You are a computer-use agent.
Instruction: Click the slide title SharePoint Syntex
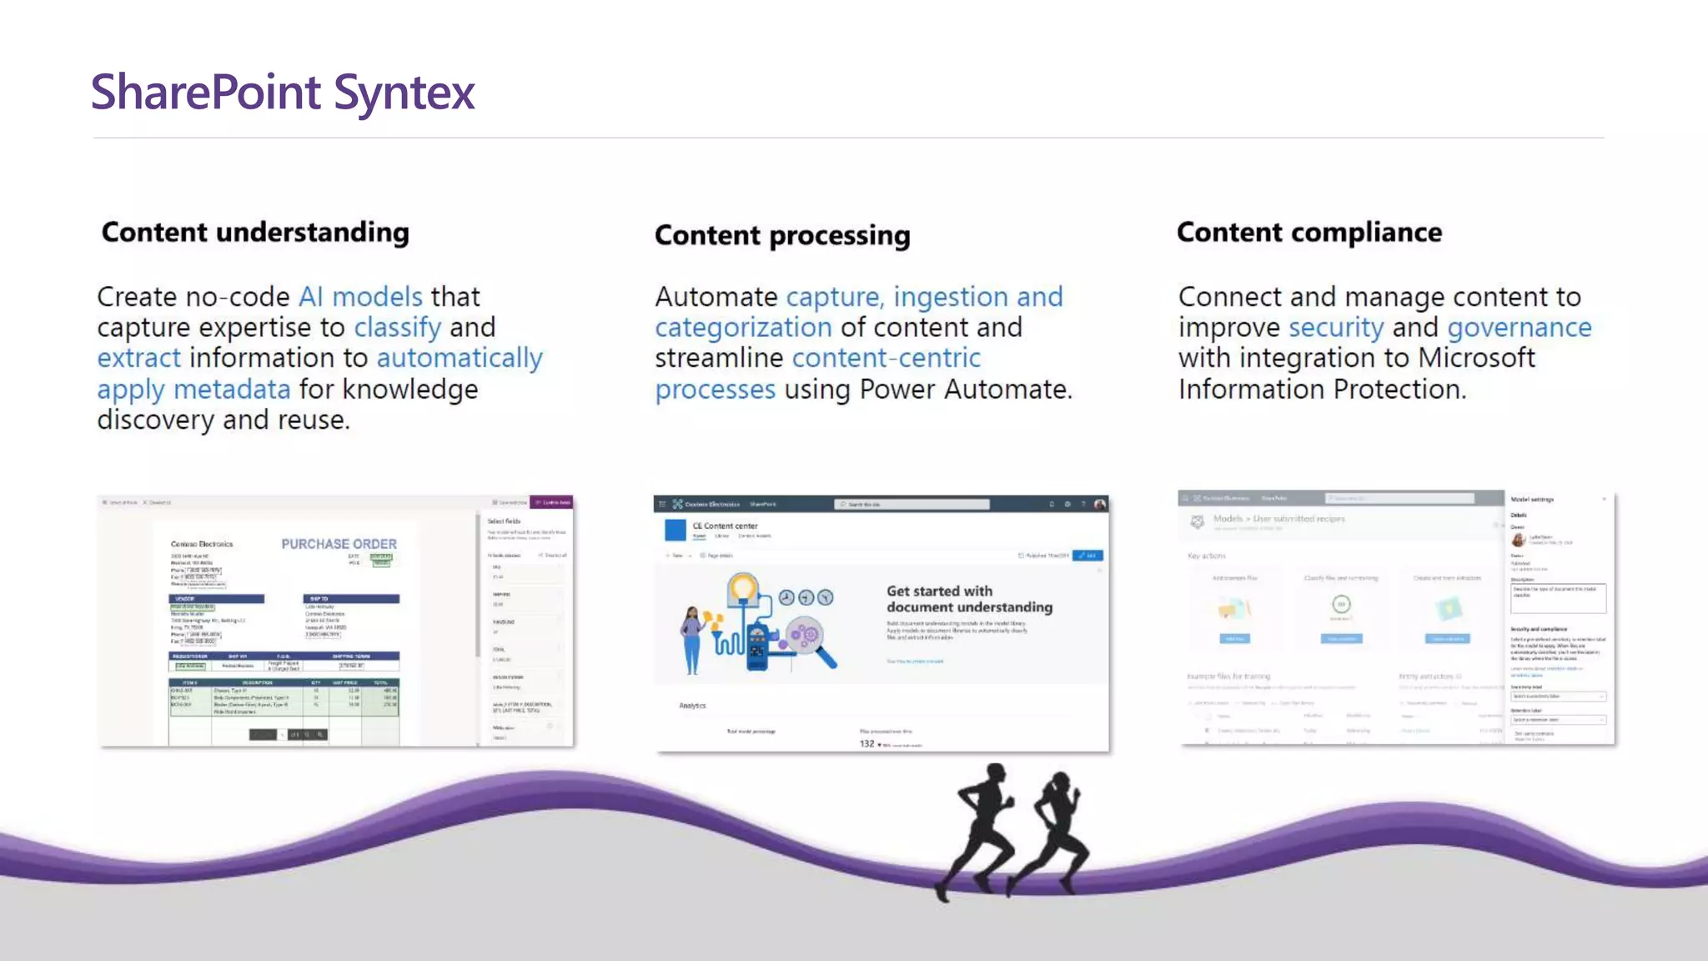click(283, 92)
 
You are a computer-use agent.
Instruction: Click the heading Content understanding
click(255, 232)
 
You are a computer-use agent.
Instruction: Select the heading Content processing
click(782, 235)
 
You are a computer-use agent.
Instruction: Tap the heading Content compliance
click(1309, 232)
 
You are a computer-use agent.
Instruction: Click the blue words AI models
click(360, 297)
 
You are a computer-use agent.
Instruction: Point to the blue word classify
click(397, 328)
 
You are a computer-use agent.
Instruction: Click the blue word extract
click(138, 358)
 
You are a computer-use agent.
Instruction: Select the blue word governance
click(1519, 328)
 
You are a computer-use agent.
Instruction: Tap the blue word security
click(1335, 328)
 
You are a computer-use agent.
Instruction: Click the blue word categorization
click(743, 328)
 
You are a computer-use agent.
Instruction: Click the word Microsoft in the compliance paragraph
click(1476, 358)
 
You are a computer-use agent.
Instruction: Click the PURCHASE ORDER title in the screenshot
click(339, 544)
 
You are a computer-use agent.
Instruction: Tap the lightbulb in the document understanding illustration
click(742, 589)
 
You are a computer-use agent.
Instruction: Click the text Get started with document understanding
click(969, 599)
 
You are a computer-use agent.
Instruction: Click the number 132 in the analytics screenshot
click(867, 744)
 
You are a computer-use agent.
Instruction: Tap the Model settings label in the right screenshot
click(1532, 500)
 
